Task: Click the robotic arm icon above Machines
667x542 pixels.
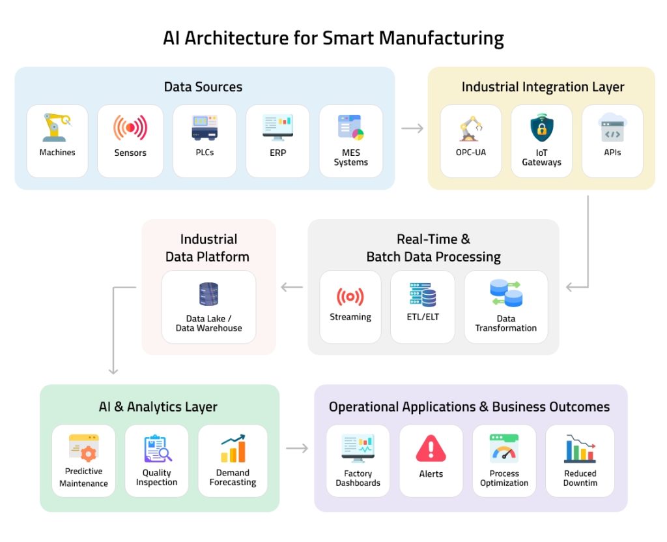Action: pyautogui.click(x=57, y=127)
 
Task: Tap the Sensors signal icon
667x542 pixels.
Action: pyautogui.click(x=130, y=128)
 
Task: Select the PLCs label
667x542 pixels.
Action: pyautogui.click(x=204, y=153)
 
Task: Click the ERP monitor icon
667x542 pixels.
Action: pyautogui.click(x=277, y=127)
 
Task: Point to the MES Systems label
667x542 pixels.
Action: pyautogui.click(x=350, y=157)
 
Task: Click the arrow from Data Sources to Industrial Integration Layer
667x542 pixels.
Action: pyautogui.click(x=412, y=128)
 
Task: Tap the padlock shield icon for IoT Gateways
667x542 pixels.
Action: pyautogui.click(x=541, y=128)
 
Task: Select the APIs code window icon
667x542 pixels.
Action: pyautogui.click(x=612, y=127)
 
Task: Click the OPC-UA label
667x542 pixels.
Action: pyautogui.click(x=470, y=153)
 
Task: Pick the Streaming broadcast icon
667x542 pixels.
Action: pyautogui.click(x=350, y=297)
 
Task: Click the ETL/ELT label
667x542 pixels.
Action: pyautogui.click(x=422, y=317)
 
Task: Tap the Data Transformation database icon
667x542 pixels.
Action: pyautogui.click(x=505, y=294)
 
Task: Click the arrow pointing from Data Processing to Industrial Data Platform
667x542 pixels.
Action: pyautogui.click(x=292, y=287)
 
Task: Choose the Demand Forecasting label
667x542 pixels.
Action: pyautogui.click(x=233, y=477)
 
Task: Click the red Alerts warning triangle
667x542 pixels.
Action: pyautogui.click(x=431, y=449)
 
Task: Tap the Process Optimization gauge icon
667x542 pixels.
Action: pyautogui.click(x=504, y=449)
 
